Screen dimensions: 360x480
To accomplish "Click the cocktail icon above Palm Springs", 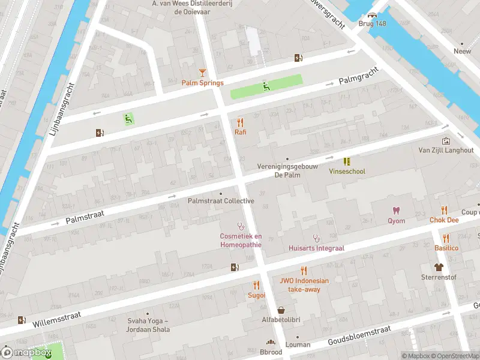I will coord(202,73).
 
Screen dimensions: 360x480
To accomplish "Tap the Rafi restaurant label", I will coord(240,132).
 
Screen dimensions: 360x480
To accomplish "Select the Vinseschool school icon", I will coord(346,161).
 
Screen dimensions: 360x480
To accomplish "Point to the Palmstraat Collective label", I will coord(221,201).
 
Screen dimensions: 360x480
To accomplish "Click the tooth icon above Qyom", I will coord(395,210).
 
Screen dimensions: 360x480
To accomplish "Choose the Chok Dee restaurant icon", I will coord(444,210).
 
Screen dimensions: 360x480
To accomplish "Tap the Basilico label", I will coord(446,248).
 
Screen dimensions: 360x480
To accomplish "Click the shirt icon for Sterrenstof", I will coord(439,267).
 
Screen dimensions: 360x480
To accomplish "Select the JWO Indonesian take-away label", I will coord(304,285).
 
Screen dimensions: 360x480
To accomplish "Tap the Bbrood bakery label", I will coord(270,352).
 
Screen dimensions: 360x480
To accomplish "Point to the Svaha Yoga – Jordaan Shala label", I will coord(149,325).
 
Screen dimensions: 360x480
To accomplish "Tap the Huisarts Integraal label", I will coord(316,248).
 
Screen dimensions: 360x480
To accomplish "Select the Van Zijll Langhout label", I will coord(446,150).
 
